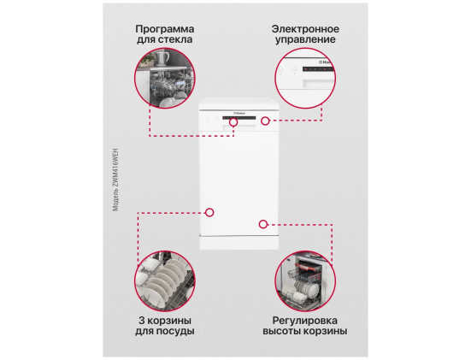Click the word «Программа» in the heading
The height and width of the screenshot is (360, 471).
pos(165,29)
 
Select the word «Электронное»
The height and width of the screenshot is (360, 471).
pos(305,29)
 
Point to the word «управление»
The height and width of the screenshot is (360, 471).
pos(305,39)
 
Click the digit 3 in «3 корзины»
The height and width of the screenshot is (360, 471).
pos(142,321)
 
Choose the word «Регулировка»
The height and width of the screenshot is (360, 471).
pos(305,321)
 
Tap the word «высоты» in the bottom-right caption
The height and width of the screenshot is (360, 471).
pos(281,331)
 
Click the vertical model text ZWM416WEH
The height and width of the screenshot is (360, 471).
pos(115,180)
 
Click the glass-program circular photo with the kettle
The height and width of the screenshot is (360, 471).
pos(165,78)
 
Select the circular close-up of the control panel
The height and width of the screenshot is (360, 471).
pos(305,78)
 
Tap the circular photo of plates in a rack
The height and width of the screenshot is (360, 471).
pos(165,281)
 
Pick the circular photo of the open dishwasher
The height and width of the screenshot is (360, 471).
pos(305,281)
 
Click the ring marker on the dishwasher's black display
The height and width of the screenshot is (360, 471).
pos(233,122)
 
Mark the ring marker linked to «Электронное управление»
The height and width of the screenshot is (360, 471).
pos(265,121)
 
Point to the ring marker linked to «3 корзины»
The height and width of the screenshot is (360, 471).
pos(209,212)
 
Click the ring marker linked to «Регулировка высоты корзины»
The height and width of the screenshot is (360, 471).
pos(263,224)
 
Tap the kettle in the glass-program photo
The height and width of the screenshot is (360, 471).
pos(162,58)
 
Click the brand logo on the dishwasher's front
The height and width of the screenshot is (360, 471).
pos(239,113)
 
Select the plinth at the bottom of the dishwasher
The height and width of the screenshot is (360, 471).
pos(239,243)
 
